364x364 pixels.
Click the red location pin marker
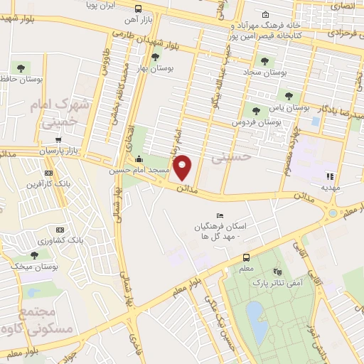183,168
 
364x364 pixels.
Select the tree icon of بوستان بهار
156,58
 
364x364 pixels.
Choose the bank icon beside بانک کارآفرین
48,173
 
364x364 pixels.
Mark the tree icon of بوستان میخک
34,255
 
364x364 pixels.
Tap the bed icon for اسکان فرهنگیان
220,216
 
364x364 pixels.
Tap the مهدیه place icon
330,176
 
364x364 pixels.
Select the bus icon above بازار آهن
137,9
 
